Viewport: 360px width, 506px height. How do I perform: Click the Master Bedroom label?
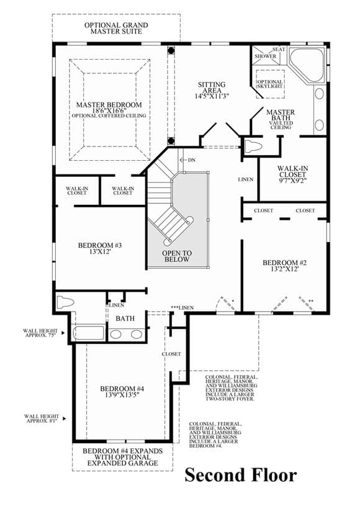[109, 105]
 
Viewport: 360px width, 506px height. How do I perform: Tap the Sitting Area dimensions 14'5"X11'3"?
[212, 96]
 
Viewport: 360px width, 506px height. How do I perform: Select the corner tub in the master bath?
[307, 66]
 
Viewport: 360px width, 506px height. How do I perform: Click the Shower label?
[266, 56]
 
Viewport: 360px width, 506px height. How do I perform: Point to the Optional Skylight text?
[269, 84]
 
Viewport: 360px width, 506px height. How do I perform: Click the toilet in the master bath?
[253, 147]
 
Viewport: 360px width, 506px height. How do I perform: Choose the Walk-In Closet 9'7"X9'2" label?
[292, 174]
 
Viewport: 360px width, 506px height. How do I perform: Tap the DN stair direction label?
[192, 160]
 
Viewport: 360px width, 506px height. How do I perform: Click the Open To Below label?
[177, 256]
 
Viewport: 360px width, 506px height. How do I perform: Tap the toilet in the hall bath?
[66, 302]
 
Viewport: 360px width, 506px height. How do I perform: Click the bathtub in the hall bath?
[88, 333]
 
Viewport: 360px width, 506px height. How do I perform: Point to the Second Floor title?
[241, 475]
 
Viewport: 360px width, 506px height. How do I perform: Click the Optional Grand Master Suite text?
[116, 28]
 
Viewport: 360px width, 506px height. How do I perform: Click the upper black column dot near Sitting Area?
[171, 50]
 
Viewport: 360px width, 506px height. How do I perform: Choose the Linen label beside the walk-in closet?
[246, 179]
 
